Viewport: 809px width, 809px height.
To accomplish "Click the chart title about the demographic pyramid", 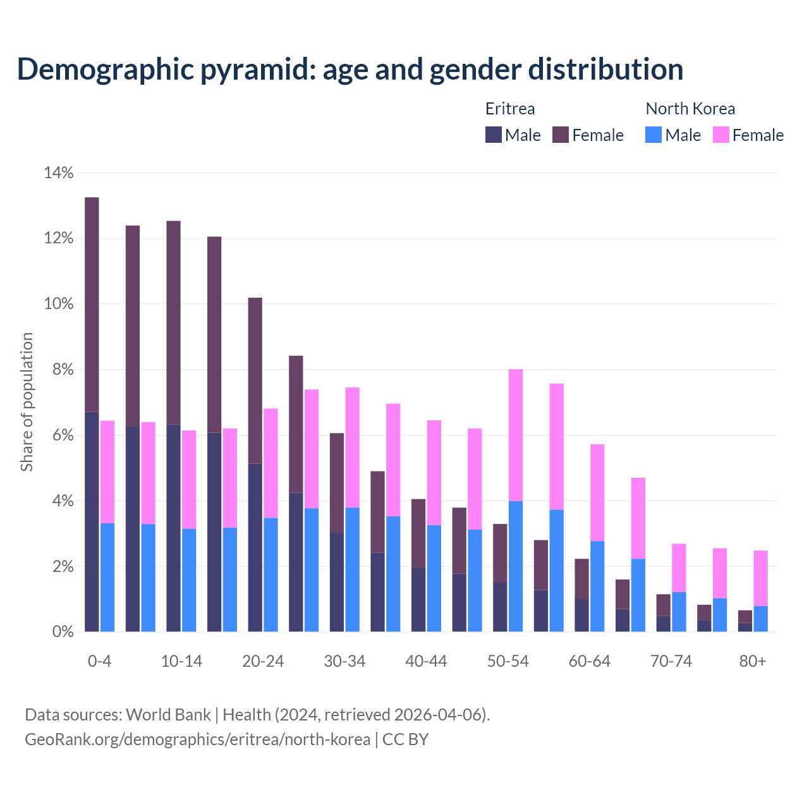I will click(350, 70).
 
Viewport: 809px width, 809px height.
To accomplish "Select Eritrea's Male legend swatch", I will click(493, 135).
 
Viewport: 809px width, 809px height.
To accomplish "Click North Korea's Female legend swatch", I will click(721, 135).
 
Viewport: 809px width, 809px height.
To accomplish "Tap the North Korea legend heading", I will click(690, 109).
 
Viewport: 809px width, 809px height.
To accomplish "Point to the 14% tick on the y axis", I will click(59, 173).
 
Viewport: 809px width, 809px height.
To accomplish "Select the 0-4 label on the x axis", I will click(99, 661).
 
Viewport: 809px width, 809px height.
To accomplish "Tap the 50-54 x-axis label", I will click(508, 661).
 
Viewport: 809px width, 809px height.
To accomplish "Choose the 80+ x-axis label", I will click(753, 661).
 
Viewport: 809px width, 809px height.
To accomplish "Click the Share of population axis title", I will click(27, 402).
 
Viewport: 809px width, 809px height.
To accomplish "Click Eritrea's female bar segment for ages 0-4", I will click(92, 304).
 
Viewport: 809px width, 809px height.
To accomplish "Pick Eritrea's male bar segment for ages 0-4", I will click(92, 521).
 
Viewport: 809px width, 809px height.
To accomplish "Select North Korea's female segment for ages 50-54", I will click(516, 435).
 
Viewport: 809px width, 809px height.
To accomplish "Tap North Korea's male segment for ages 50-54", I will click(516, 566).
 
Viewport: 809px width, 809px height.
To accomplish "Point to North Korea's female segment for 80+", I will click(760, 578).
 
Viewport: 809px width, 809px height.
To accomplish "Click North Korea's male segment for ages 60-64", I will click(597, 586).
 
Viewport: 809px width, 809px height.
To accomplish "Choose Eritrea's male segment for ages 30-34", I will click(337, 581).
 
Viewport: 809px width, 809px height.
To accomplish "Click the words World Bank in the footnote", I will click(168, 715).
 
